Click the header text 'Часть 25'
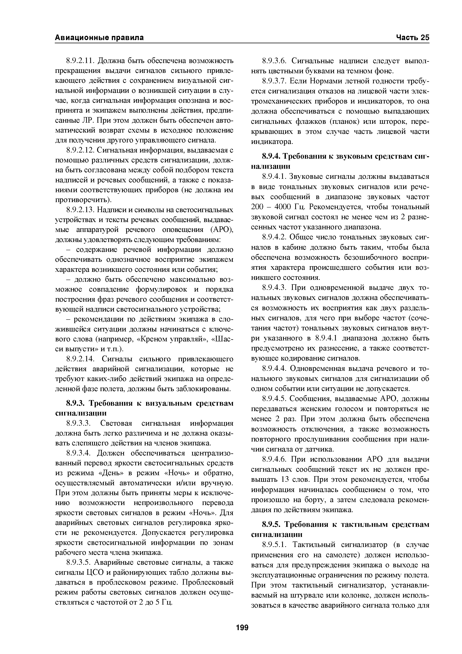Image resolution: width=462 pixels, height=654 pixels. coord(412,38)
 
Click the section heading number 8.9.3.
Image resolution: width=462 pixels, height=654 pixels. coord(75,403)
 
